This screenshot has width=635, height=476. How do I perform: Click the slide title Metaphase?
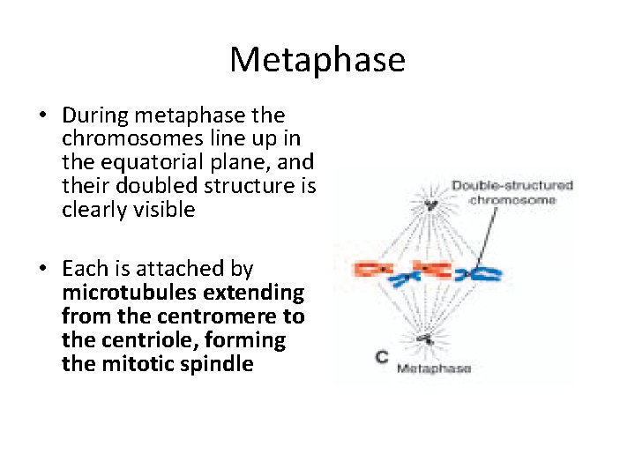coord(317,60)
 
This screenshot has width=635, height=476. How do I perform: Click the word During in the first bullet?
coord(93,115)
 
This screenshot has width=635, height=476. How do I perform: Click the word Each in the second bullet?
coord(81,269)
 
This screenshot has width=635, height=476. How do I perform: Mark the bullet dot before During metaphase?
coord(42,116)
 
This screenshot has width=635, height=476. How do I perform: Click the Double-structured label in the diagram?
coord(512,186)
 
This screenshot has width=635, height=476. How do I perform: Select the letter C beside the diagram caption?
coord(382,356)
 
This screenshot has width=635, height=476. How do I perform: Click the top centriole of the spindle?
coord(430,205)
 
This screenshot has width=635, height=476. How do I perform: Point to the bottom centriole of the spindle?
coord(427,337)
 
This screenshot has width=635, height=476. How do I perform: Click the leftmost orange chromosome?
coord(373,268)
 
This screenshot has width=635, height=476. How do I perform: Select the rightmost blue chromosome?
coord(484,275)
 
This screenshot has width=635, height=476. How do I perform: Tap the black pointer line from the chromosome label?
coord(494,234)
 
